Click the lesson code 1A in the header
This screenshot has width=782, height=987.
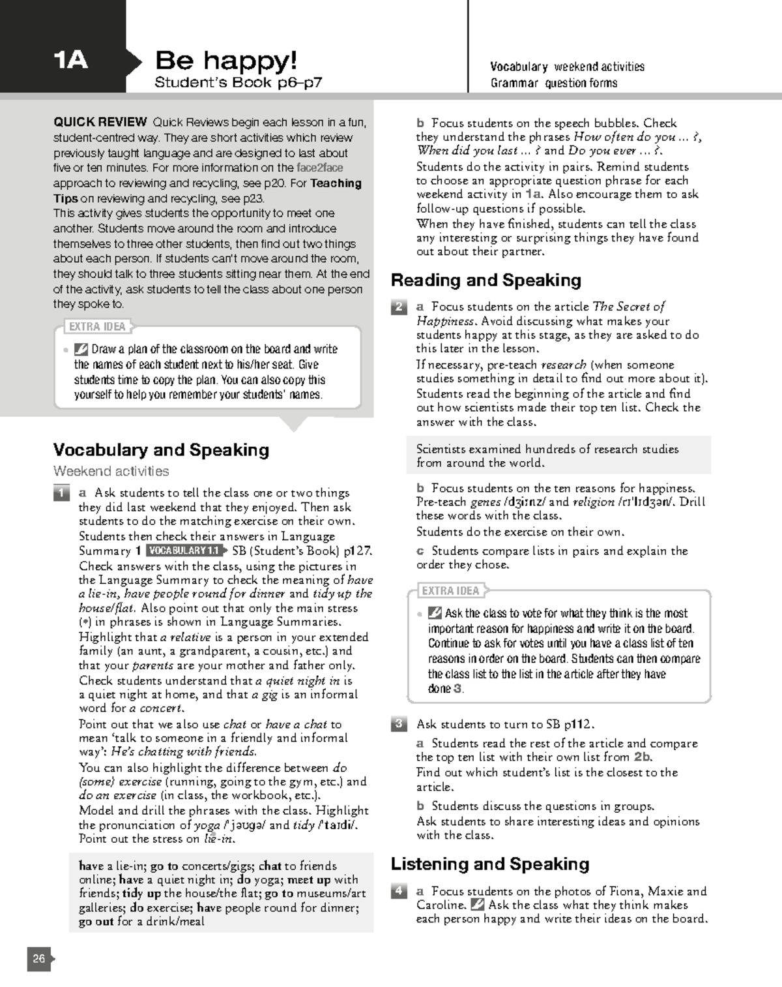pos(70,61)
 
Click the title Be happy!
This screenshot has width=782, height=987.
pos(226,61)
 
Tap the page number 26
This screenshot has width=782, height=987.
pos(39,958)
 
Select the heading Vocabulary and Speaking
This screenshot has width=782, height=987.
pos(161,450)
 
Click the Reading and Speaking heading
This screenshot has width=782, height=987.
pos(485,281)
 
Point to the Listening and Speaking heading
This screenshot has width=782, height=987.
pos(489,864)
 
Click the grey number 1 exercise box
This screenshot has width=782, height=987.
pos(61,493)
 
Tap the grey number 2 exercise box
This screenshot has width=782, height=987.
pos(399,307)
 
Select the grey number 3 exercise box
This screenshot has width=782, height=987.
pos(399,724)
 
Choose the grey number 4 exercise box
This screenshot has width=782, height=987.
pos(399,891)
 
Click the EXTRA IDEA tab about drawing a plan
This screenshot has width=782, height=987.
pos(98,326)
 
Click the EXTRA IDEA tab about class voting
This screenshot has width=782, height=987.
pos(450,591)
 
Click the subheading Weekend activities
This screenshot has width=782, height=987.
pos(111,471)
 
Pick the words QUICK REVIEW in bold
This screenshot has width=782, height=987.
pos(100,123)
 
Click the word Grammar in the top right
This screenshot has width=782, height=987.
pos(514,83)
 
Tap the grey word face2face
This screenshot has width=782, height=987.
pos(319,168)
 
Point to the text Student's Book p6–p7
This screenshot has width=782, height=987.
pos(238,83)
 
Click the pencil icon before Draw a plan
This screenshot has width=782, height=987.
pos(81,349)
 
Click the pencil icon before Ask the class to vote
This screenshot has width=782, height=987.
pos(435,613)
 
